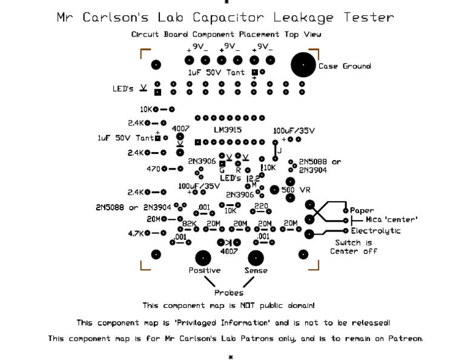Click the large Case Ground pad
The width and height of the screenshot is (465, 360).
(x=303, y=65)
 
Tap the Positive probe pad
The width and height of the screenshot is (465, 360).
(x=203, y=258)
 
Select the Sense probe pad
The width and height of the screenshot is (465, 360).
(x=256, y=258)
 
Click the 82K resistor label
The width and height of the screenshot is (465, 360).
(x=190, y=224)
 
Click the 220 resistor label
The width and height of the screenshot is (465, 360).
(x=261, y=206)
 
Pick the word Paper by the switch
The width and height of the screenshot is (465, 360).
(x=362, y=210)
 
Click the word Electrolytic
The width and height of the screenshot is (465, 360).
(x=375, y=231)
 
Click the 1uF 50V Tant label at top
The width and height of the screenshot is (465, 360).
(x=216, y=72)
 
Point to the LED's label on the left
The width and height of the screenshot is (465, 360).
(x=123, y=88)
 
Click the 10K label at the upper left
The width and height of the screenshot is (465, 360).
(x=146, y=110)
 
